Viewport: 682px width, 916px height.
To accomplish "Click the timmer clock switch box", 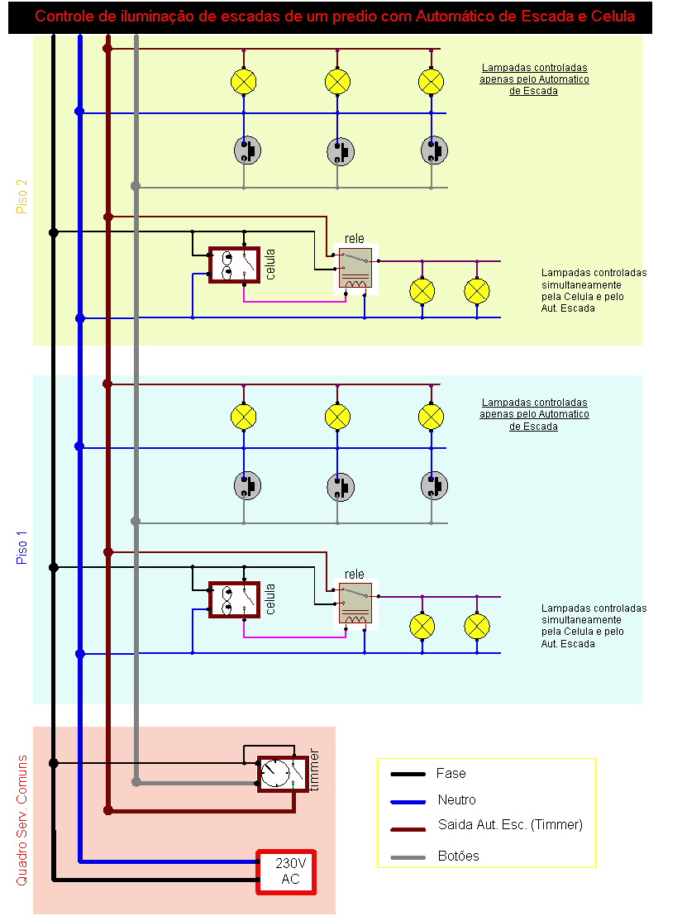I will tap(276, 774).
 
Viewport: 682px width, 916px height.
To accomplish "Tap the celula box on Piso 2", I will tap(234, 265).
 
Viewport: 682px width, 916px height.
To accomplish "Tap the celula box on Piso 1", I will tap(234, 600).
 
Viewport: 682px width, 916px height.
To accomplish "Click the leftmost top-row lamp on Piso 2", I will tap(243, 81).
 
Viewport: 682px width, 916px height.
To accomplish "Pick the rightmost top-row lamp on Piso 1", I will tap(431, 416).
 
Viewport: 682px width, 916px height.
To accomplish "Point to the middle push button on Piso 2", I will tap(339, 150).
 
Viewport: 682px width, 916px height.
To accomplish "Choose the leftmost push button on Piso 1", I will tap(246, 485).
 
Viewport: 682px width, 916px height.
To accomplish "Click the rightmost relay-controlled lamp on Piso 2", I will tap(477, 290).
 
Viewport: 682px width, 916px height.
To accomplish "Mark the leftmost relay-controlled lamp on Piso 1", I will tap(423, 626).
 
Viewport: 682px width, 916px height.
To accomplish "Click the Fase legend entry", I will tap(451, 774).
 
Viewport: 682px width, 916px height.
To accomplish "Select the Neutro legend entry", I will tap(456, 800).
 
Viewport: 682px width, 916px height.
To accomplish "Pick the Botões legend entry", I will tap(459, 856).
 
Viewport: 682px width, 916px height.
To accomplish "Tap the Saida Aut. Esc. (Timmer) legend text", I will tap(510, 825).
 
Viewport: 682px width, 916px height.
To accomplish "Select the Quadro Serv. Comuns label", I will tap(22, 821).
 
